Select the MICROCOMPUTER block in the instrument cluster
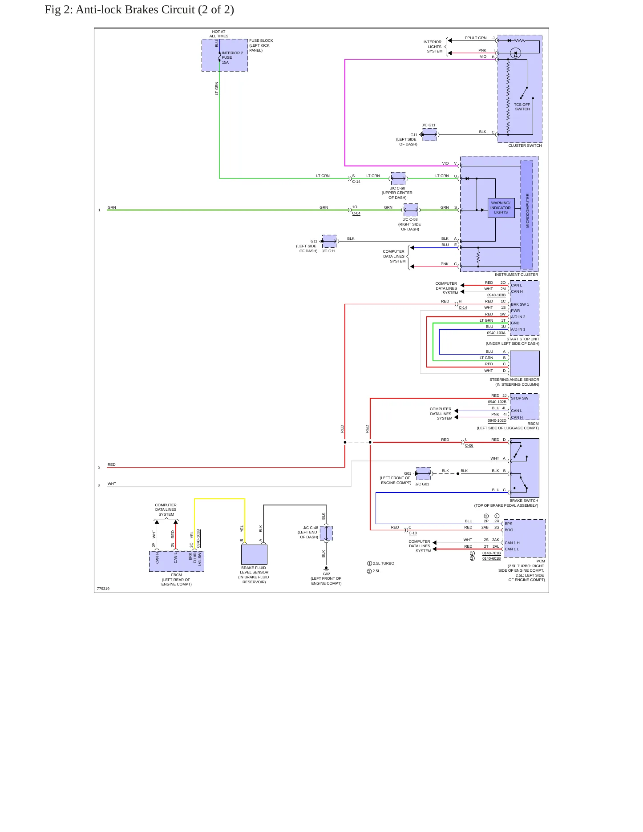[526, 215]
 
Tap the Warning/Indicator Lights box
[501, 208]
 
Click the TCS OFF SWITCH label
[522, 107]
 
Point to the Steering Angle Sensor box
[525, 363]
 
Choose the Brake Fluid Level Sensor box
[254, 554]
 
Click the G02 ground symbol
[326, 569]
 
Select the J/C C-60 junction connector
[398, 178]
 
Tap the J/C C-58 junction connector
[411, 210]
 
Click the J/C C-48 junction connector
[326, 533]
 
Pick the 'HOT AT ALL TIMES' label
[219, 34]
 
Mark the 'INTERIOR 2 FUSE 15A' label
[232, 57]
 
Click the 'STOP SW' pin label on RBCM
[520, 398]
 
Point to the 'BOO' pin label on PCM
[509, 530]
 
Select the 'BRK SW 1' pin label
[520, 304]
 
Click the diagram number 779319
[103, 589]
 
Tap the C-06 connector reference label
[469, 445]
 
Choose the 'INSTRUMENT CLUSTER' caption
[516, 275]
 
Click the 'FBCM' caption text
[177, 575]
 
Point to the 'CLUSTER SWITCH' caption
[525, 145]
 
